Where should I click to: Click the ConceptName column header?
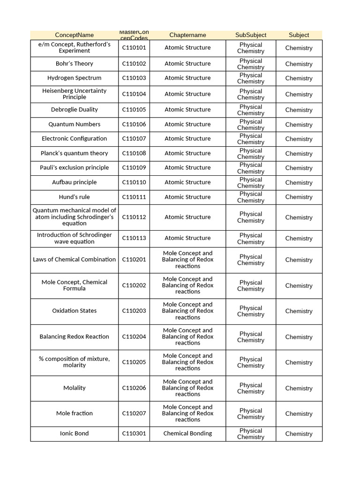(74, 35)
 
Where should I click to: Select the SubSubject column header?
(251, 35)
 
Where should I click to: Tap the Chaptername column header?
(187, 35)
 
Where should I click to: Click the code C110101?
(134, 48)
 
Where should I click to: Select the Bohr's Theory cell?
(74, 64)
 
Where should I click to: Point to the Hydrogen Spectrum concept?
(74, 78)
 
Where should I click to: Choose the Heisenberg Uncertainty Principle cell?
(74, 94)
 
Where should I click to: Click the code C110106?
(134, 125)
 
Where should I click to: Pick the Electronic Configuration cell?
(74, 139)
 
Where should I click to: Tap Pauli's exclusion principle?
(74, 168)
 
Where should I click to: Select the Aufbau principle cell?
(74, 182)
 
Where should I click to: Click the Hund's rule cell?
(74, 197)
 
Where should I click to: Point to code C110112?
(134, 217)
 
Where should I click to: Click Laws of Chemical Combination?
(74, 260)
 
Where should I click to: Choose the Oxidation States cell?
(74, 311)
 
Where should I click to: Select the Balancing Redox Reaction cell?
(74, 337)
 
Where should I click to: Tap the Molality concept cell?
(74, 388)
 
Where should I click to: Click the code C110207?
(134, 413)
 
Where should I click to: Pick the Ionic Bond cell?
(74, 434)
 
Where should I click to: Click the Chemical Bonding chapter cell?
(187, 434)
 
